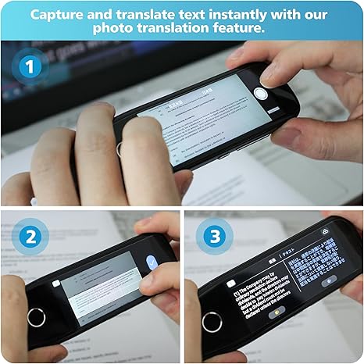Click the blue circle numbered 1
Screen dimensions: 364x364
(31, 68)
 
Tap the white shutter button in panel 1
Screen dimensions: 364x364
(260, 95)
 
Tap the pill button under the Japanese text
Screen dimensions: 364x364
(329, 280)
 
